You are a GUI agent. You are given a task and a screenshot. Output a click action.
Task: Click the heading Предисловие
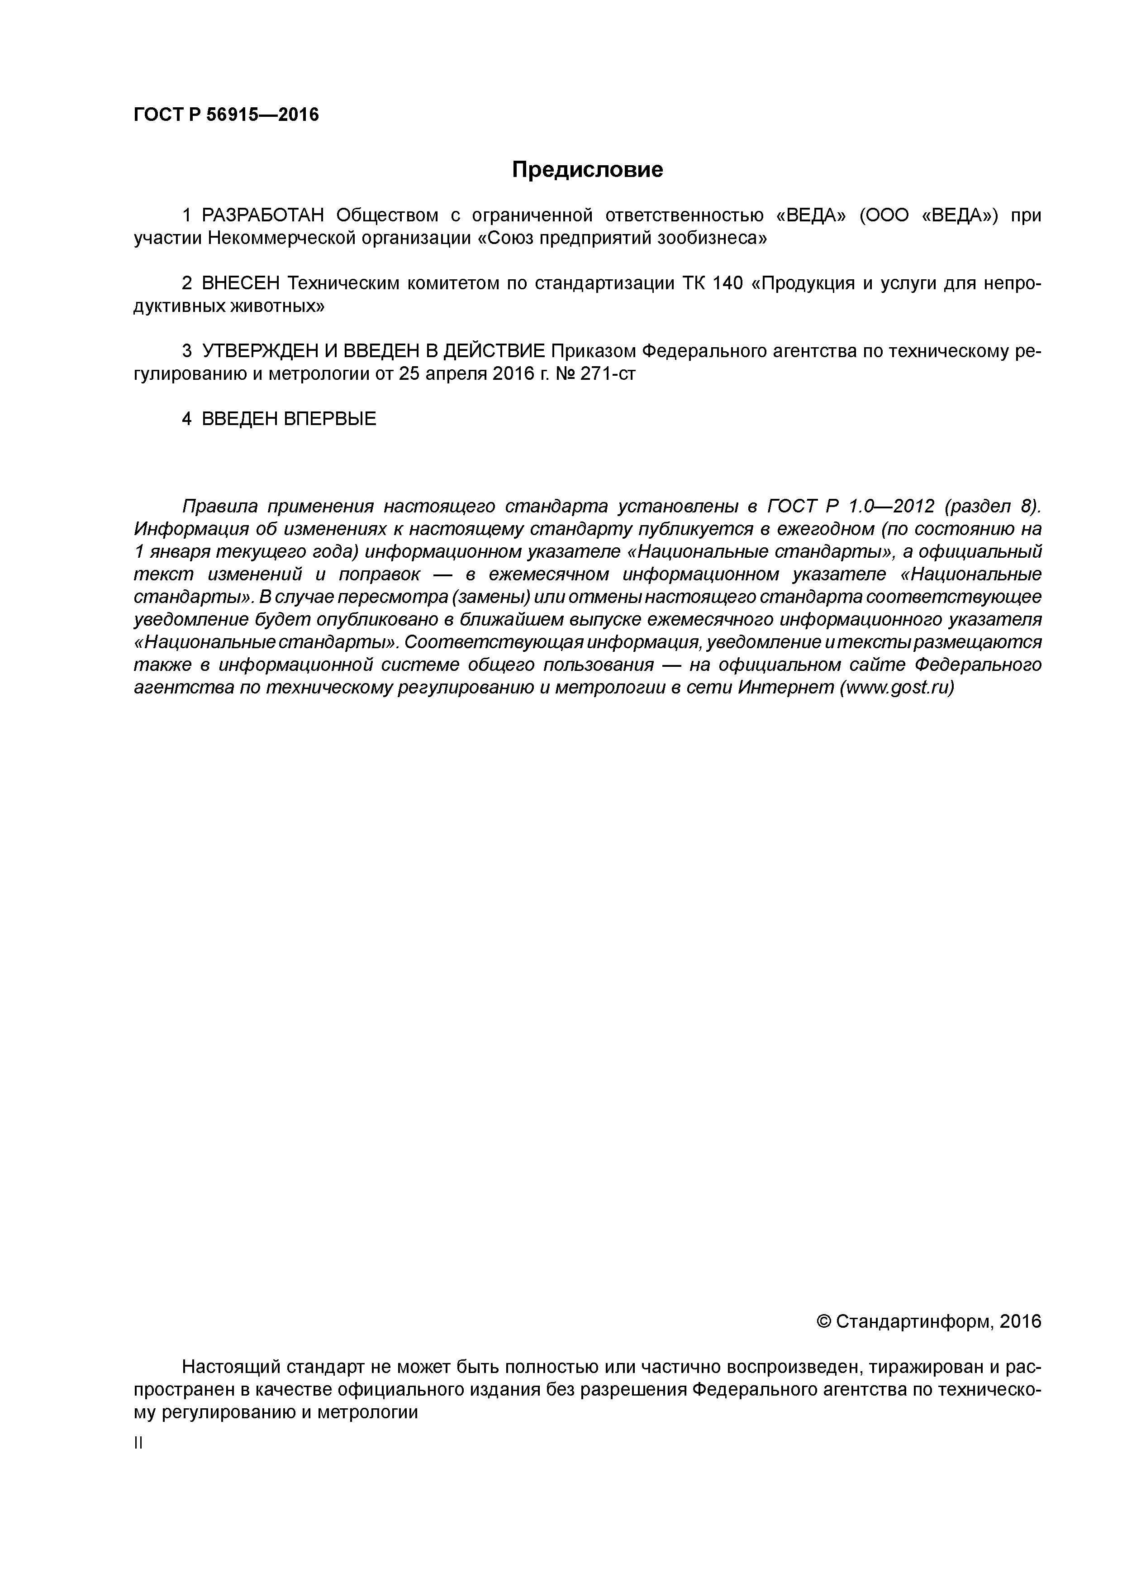tap(587, 169)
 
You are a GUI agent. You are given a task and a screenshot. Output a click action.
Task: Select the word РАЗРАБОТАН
tap(263, 216)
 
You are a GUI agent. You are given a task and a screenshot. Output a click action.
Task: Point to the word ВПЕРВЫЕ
tap(330, 419)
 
